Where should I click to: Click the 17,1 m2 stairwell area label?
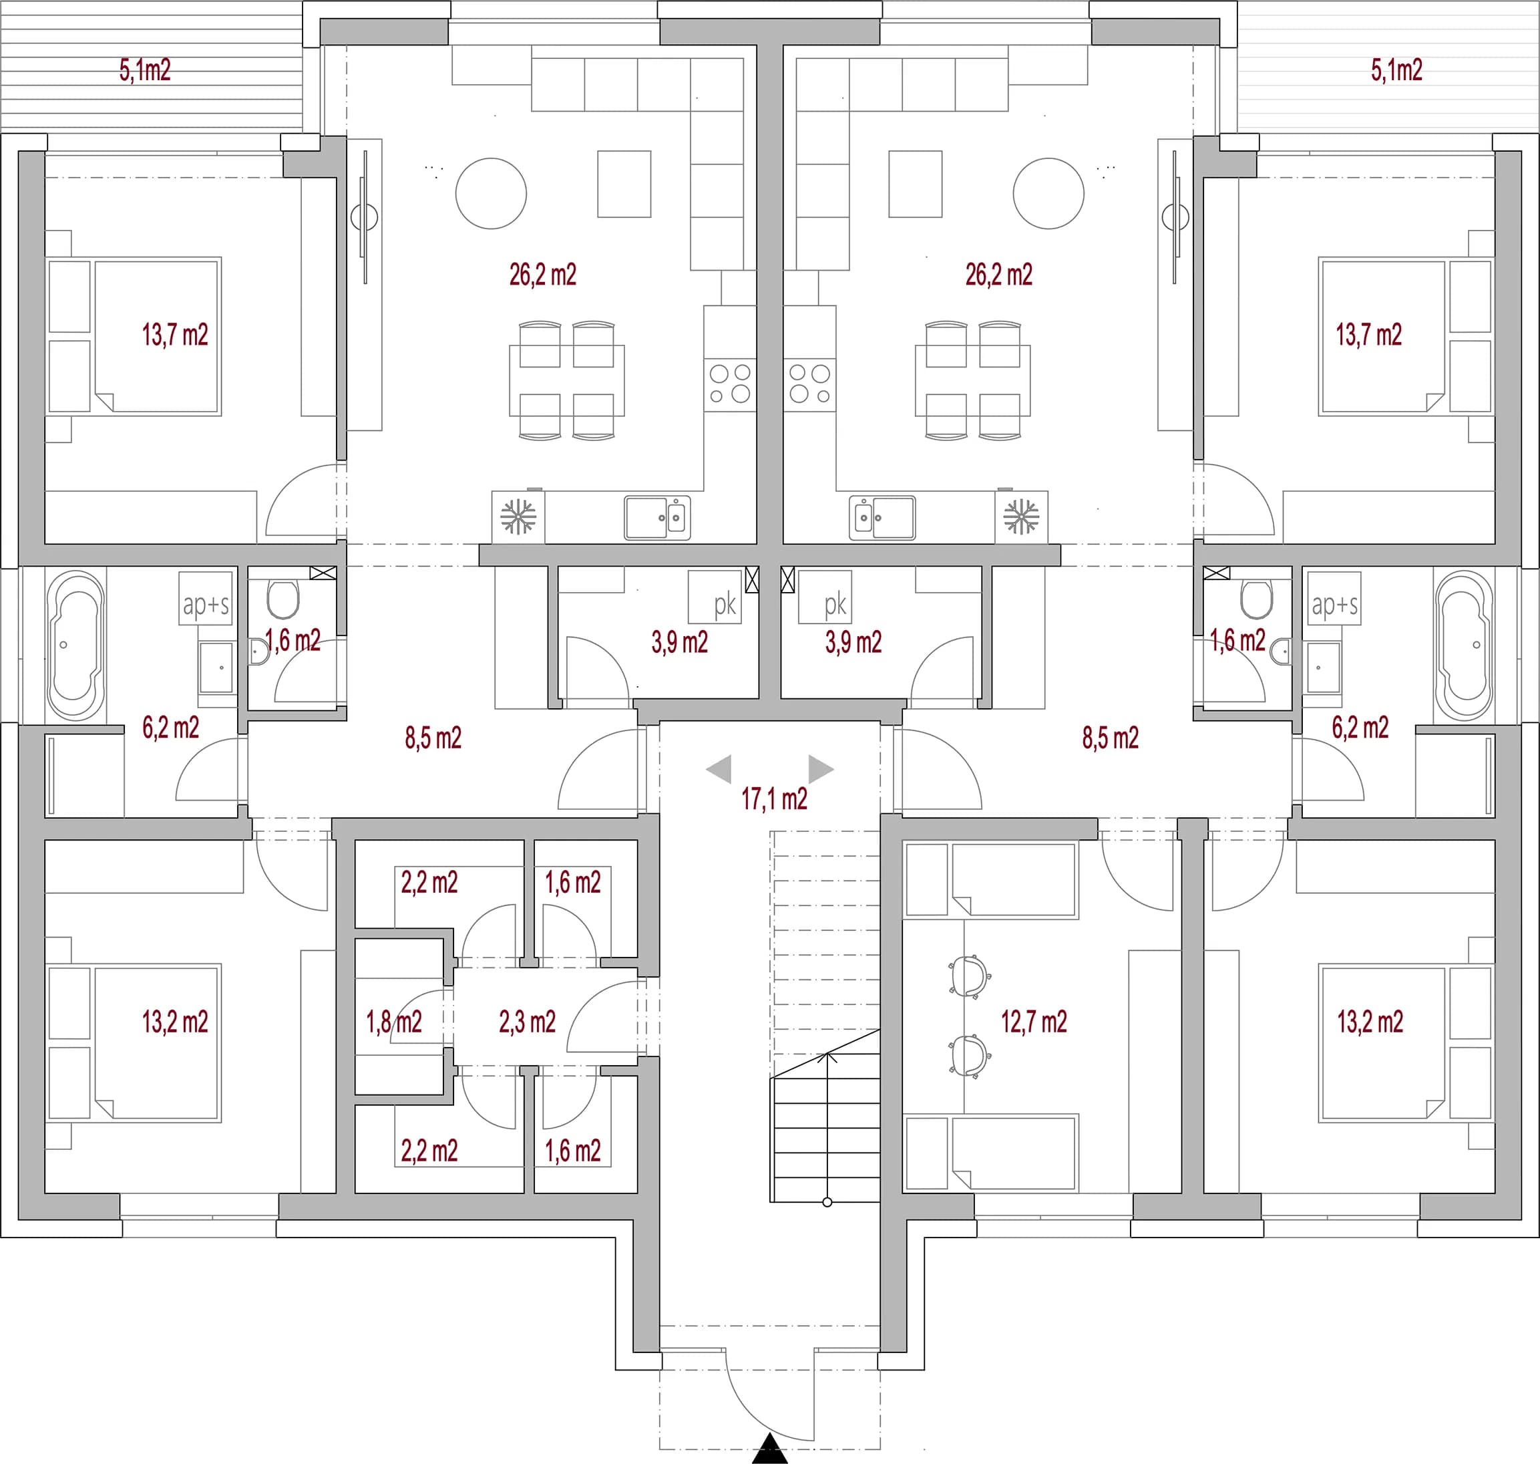[x=774, y=799]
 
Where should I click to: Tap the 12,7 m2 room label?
[x=1034, y=1022]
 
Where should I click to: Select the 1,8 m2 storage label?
[x=394, y=1022]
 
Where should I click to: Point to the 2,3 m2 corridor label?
[x=528, y=1022]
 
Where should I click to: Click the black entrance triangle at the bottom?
[x=770, y=1449]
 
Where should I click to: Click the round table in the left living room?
[x=491, y=194]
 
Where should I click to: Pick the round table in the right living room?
[x=1048, y=194]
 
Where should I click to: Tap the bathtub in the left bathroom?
[x=75, y=645]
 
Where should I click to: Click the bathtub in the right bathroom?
[x=1464, y=645]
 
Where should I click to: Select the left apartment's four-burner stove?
[x=729, y=385]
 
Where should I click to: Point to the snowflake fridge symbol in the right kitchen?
[x=1021, y=517]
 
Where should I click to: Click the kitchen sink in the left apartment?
[x=657, y=517]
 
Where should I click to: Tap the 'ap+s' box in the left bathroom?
[x=206, y=599]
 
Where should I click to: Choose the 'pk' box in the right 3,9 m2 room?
[x=825, y=597]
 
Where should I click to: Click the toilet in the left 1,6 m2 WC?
[x=283, y=599]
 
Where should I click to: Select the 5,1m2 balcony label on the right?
[x=1396, y=70]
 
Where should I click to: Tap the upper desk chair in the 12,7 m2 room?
[x=969, y=976]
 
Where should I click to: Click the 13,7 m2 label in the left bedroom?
[x=175, y=335]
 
